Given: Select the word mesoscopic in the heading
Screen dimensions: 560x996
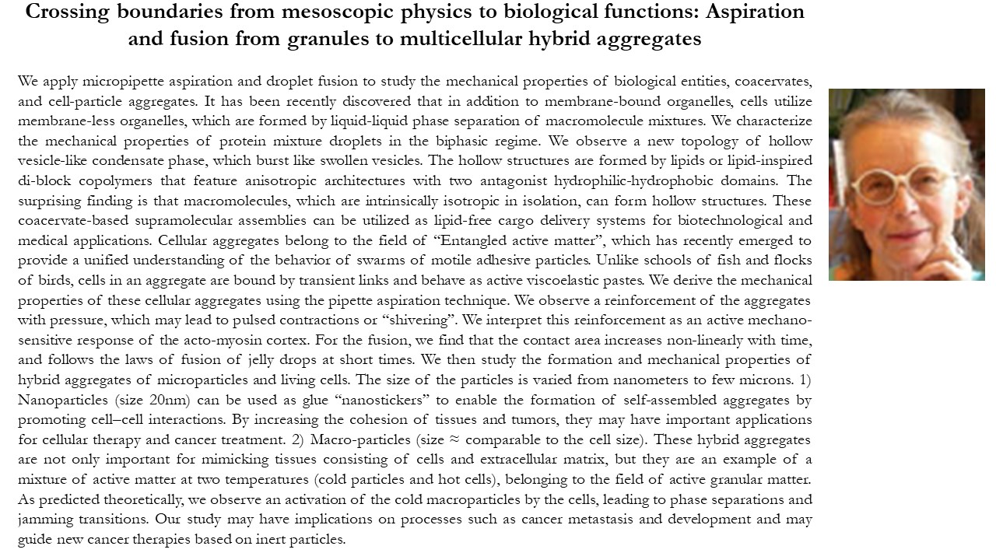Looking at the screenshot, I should tap(294, 12).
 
